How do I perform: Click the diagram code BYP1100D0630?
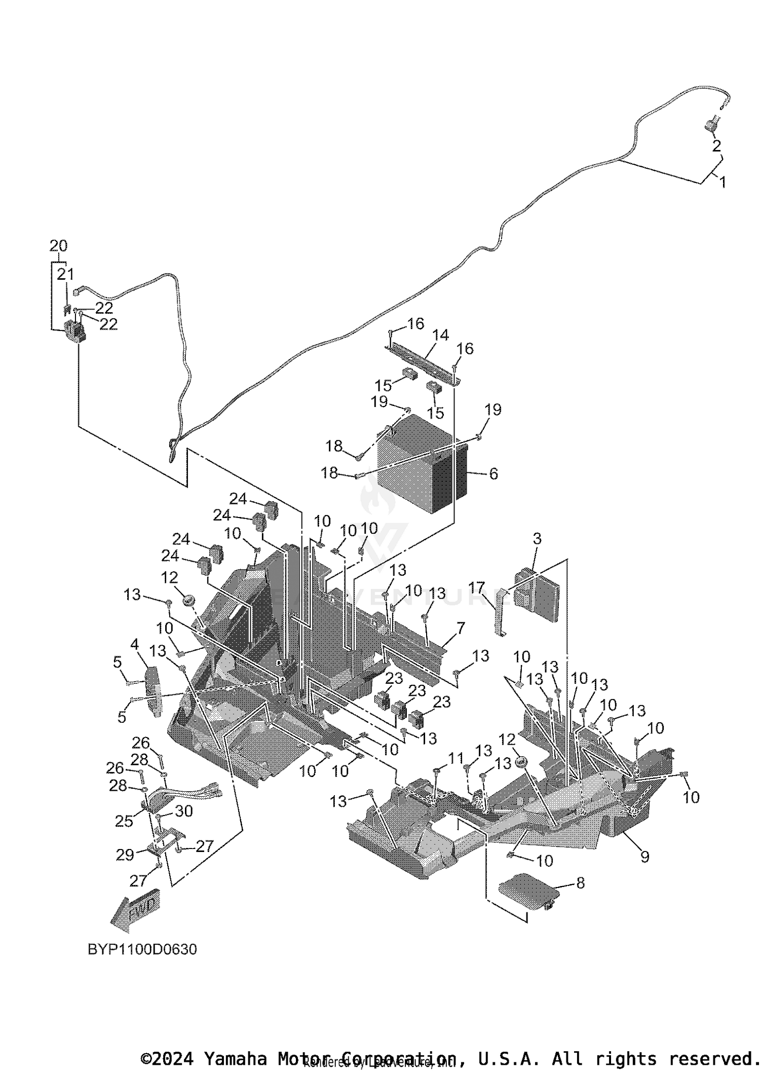pos(142,949)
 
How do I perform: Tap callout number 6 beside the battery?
pos(493,473)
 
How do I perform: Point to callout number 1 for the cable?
pos(723,182)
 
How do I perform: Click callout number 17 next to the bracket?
pos(476,588)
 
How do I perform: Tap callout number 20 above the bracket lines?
pos(58,246)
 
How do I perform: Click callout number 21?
pos(65,274)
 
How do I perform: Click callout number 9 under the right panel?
pos(644,856)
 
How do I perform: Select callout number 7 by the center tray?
pos(460,629)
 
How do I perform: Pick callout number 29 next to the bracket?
pos(125,855)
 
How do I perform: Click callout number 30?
pos(183,811)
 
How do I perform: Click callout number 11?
pos(456,758)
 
